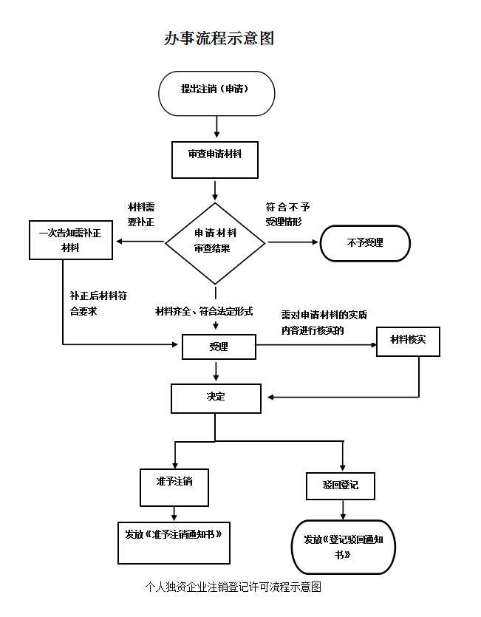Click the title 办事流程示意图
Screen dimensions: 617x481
click(219, 38)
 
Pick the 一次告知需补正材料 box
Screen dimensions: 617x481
click(70, 240)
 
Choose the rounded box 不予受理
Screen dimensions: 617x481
click(364, 243)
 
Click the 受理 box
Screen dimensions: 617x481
click(219, 347)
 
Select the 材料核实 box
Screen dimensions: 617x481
click(408, 341)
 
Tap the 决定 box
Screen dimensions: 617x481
click(215, 398)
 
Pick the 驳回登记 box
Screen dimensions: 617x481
click(341, 485)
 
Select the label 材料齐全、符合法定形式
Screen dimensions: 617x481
click(204, 311)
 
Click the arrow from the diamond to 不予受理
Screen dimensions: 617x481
click(293, 242)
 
